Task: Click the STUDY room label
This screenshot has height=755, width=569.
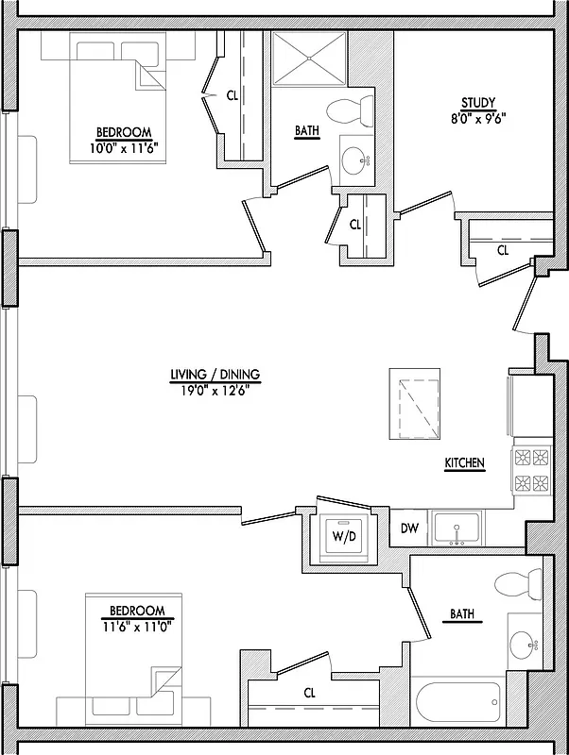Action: [x=477, y=103]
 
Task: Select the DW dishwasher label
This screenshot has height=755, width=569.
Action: [x=409, y=528]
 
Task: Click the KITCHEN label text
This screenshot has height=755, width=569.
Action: [x=464, y=463]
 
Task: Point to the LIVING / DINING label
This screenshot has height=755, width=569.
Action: [x=215, y=375]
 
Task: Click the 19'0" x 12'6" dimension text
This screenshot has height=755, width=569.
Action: [x=215, y=388]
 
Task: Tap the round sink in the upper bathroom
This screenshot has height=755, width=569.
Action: [x=356, y=161]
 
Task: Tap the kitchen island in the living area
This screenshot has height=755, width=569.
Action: [x=414, y=403]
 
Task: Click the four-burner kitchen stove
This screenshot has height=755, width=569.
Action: [x=529, y=471]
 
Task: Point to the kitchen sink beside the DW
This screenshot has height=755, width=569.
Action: [x=457, y=529]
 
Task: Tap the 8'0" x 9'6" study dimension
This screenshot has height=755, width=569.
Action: [x=477, y=118]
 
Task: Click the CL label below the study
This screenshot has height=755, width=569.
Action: [x=503, y=250]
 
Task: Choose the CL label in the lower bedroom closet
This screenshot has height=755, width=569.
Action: [x=309, y=693]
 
